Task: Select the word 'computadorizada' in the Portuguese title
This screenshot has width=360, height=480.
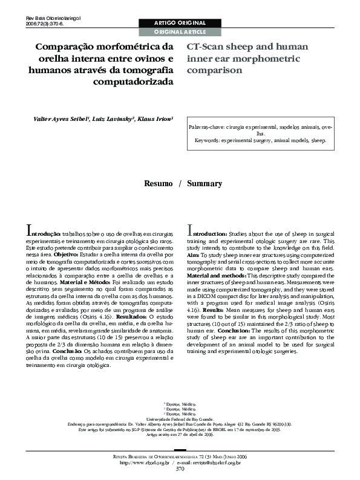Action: pyautogui.click(x=134, y=82)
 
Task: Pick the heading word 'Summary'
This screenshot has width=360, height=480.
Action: pyautogui.click(x=205, y=184)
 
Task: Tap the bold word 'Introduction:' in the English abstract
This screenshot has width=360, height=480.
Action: pyautogui.click(x=209, y=232)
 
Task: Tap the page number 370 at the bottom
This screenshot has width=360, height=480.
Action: pyautogui.click(x=180, y=469)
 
